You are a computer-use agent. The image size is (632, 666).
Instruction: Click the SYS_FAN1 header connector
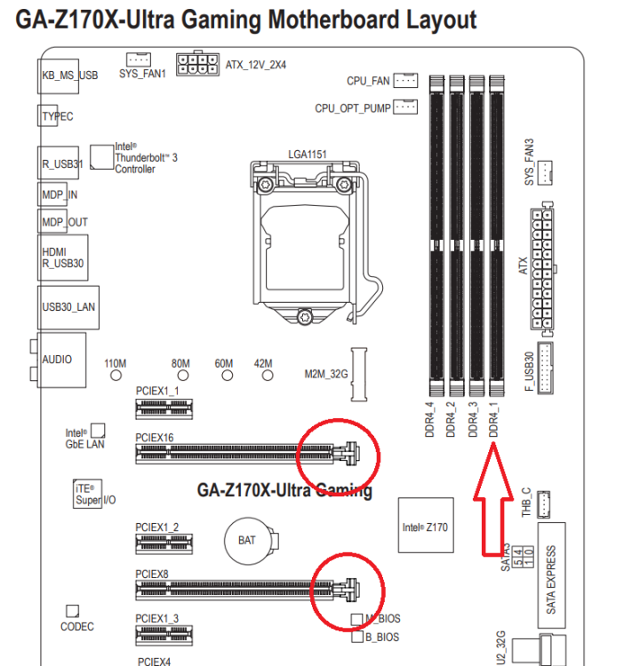[139, 59]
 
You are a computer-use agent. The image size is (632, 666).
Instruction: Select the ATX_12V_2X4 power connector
[197, 64]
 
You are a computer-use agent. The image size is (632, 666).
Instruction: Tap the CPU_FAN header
[405, 81]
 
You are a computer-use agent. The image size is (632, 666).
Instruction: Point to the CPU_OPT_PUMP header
[405, 107]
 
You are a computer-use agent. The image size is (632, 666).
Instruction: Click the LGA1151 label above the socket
[307, 155]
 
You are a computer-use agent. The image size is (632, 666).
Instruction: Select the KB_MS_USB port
[69, 75]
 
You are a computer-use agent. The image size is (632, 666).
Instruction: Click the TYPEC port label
[58, 116]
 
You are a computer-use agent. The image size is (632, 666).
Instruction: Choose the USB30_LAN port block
[68, 306]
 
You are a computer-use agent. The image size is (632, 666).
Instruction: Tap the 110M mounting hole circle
[115, 376]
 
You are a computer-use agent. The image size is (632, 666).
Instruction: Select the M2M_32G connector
[360, 372]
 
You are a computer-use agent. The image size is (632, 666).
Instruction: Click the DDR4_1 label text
[494, 417]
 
